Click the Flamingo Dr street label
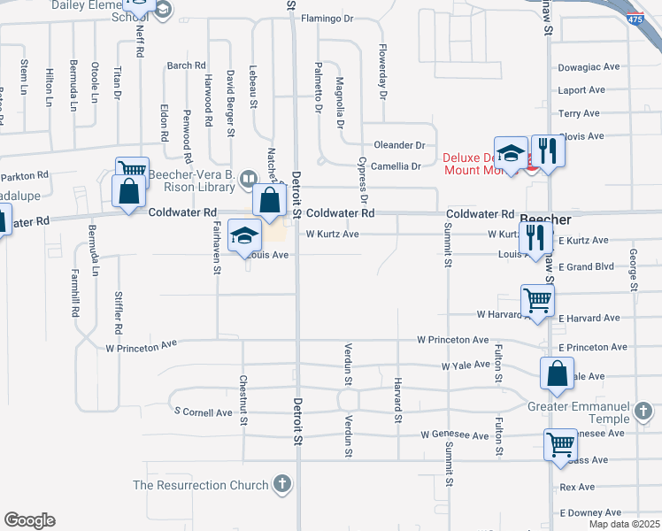[327, 18]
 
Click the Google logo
[29, 520]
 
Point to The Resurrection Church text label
[200, 485]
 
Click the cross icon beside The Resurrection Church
[281, 484]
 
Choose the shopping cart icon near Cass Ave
[560, 443]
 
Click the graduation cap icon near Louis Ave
[244, 235]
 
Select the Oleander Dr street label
[399, 145]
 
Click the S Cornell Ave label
[203, 412]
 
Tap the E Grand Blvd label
[586, 266]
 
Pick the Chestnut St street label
[242, 400]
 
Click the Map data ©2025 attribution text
[624, 524]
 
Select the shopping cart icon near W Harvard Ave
[537, 300]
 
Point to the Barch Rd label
[186, 65]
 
